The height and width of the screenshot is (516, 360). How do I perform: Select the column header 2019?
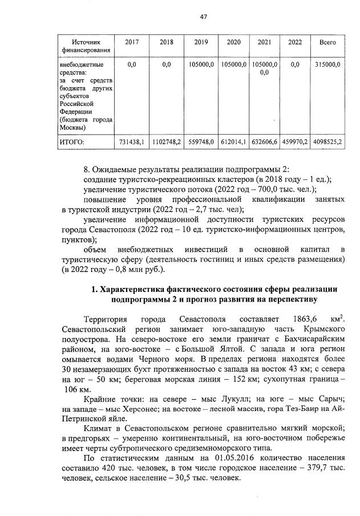(201, 43)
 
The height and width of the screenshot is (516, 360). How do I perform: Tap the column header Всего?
(327, 43)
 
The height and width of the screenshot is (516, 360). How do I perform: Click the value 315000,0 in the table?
(327, 65)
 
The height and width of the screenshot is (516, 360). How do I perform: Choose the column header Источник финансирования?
(86, 47)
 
